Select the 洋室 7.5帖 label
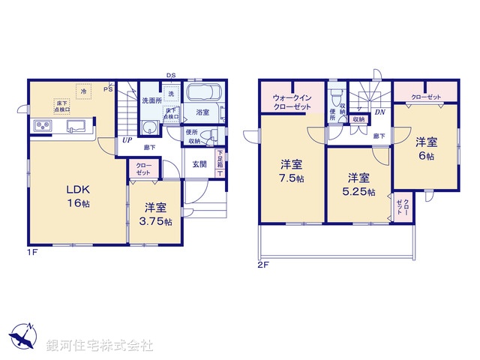coord(292,171)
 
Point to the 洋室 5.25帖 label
coord(358,184)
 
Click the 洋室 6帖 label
coord(426,148)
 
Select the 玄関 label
coord(199,164)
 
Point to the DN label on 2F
coord(379,113)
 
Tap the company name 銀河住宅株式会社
coord(100,346)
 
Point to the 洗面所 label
coord(152,100)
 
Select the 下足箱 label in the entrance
coord(220,159)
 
